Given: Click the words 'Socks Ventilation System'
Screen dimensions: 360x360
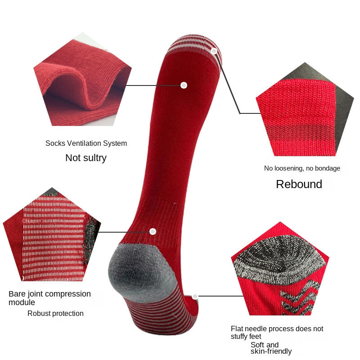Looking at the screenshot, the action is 86,144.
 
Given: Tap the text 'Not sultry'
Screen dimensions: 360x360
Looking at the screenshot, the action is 86,158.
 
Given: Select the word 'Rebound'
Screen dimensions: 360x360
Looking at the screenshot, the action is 299,184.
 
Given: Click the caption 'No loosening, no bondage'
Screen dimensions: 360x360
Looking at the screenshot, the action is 302,168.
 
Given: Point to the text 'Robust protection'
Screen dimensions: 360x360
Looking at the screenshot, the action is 55,314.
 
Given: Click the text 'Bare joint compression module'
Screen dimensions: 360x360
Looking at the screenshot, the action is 49,298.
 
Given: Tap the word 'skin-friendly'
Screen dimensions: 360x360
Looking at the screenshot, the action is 271,351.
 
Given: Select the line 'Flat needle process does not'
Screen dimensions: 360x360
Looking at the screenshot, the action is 277,329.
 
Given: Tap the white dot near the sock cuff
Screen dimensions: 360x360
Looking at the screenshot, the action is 184,85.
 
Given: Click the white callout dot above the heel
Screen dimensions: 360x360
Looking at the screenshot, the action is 153,231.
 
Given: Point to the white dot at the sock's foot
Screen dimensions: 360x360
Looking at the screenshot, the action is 195,297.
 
